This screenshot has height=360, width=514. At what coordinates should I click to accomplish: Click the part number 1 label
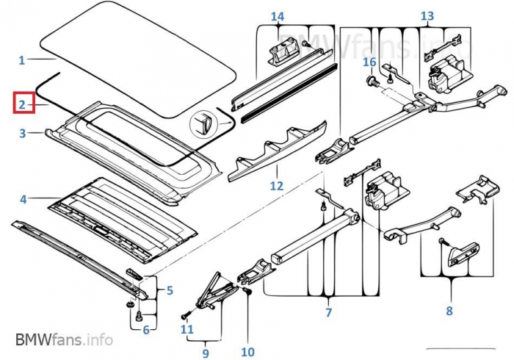point(22,60)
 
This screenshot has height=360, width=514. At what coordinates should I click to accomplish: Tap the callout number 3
point(22,134)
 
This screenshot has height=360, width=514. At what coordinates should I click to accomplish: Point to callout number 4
point(23,199)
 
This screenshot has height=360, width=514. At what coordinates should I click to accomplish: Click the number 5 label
point(170,291)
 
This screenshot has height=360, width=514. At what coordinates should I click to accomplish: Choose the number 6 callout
point(145,330)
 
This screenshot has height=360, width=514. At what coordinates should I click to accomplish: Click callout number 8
point(449,311)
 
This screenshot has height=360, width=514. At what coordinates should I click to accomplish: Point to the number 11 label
point(187,328)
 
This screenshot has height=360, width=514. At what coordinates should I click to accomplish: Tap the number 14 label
point(277,16)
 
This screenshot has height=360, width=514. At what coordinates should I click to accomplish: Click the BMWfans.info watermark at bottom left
point(64,340)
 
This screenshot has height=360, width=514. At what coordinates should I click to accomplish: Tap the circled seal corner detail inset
point(204,123)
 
